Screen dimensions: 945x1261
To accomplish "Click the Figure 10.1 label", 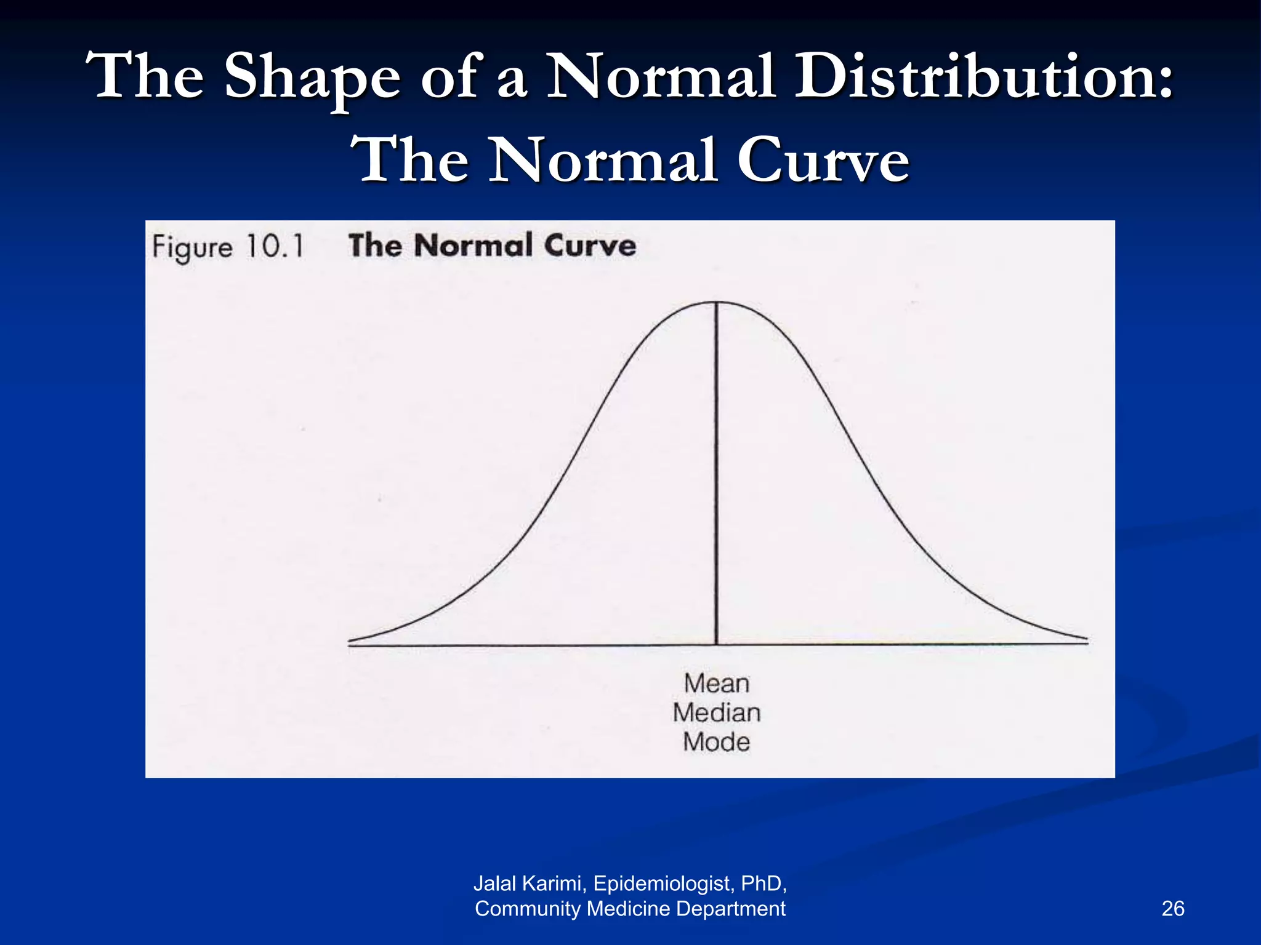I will click(228, 247).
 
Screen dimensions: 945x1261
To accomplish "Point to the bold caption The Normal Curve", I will click(492, 245).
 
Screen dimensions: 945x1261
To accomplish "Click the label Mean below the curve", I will click(717, 684).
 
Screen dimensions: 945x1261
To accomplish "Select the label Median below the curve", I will click(717, 713).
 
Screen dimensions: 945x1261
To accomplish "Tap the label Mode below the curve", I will click(717, 742).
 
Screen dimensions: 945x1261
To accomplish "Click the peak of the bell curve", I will click(717, 302).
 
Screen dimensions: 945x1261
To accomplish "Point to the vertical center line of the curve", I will click(717, 474).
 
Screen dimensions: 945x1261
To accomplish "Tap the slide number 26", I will click(1172, 909).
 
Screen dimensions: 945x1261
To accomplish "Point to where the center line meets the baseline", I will click(717, 644).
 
